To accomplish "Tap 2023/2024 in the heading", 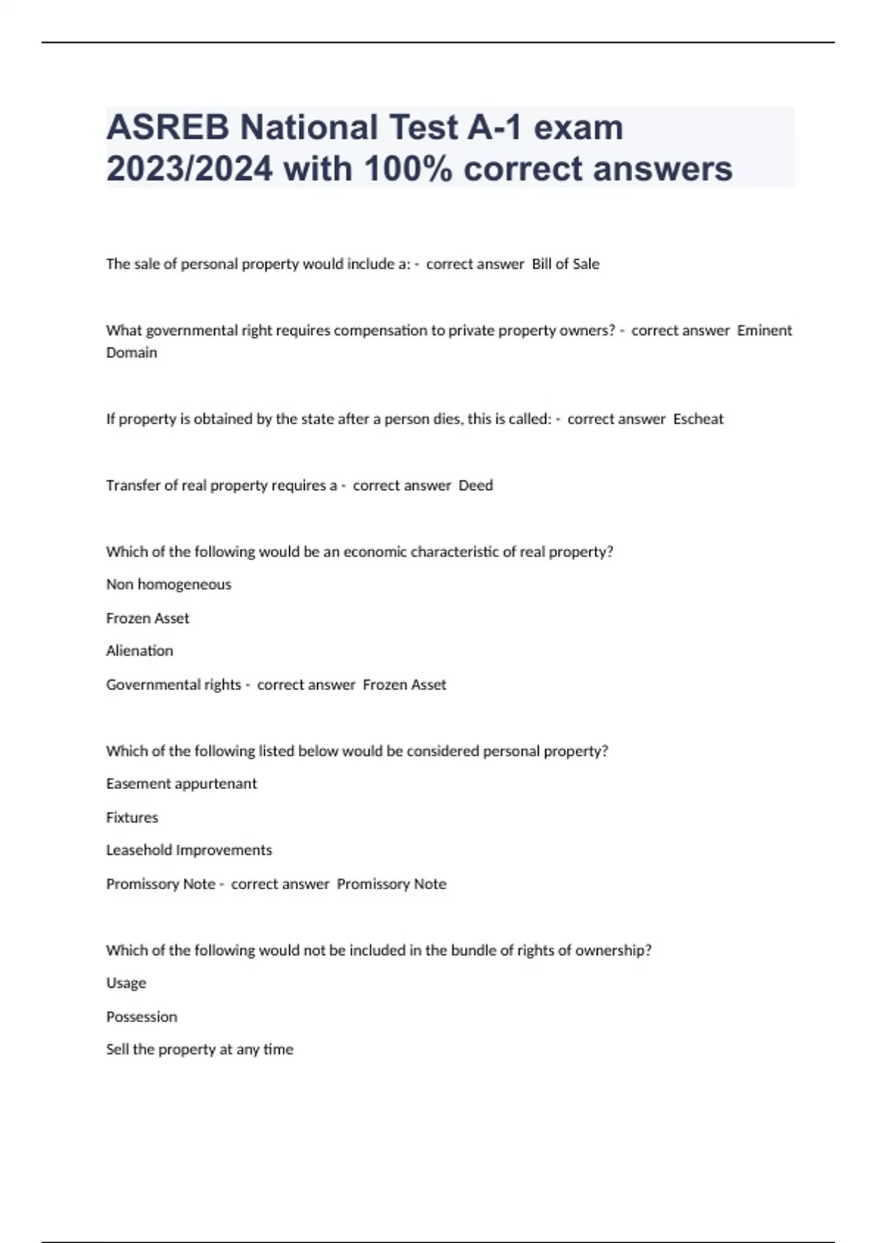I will pos(189,169).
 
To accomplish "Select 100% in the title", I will pos(408,169).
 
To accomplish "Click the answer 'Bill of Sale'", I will pos(565,264).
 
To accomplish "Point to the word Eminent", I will pos(764,330).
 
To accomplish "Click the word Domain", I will pos(132,352).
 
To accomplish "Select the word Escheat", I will pos(698,419).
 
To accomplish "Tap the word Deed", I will pos(476,486).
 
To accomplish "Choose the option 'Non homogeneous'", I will pos(169,584).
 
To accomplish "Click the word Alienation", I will pos(140,651).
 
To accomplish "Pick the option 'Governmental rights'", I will pos(173,684).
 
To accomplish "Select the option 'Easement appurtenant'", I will pos(181,784).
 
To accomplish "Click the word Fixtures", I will pos(132,817).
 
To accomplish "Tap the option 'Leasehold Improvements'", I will pos(189,850).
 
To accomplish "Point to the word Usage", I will pos(126,983).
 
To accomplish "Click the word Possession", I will pos(142,1017).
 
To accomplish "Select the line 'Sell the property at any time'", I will pos(200,1050).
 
